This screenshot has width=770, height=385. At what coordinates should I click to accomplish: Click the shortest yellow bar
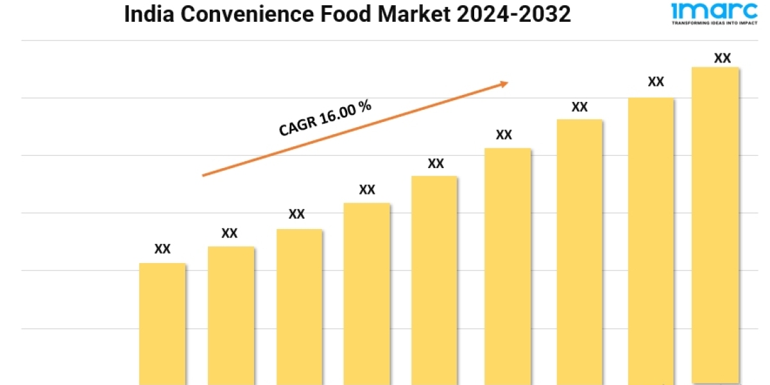[x=162, y=324]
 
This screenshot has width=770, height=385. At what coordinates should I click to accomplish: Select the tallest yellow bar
[x=715, y=225]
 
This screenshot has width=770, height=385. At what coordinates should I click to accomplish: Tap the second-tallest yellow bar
[x=651, y=241]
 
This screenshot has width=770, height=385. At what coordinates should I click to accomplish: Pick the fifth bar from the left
[x=434, y=280]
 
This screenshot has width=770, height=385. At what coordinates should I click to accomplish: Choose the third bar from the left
[x=300, y=307]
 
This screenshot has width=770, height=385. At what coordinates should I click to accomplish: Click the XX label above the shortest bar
[x=162, y=249]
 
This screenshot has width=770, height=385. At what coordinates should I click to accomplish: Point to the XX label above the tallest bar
[x=723, y=58]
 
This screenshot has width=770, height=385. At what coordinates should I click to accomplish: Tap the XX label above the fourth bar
[x=367, y=190]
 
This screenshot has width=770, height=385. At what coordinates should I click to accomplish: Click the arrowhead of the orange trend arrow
[x=504, y=83]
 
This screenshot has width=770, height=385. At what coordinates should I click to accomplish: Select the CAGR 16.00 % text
[x=325, y=118]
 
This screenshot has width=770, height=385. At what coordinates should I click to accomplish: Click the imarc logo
[x=705, y=10]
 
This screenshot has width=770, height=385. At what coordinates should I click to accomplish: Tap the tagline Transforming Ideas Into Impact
[x=705, y=22]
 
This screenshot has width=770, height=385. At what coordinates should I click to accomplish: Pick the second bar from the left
[x=231, y=316]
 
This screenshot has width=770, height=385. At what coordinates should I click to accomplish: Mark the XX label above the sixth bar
[x=504, y=135]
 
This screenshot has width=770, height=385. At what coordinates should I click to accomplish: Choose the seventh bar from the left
[x=579, y=252]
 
